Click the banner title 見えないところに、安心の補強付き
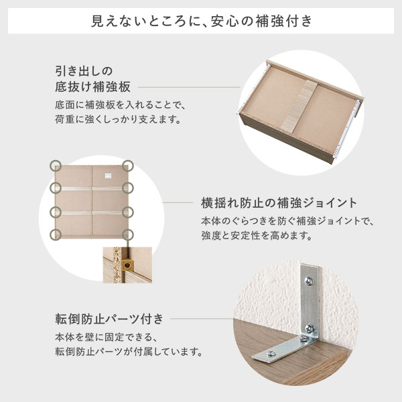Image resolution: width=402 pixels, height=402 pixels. [202, 21]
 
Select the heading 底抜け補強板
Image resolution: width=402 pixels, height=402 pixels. [93, 86]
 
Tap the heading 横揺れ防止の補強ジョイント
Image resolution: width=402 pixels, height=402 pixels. [279, 203]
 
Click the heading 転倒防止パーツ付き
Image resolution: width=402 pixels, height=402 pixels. [109, 319]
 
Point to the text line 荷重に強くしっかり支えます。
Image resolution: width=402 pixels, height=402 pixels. [119, 119]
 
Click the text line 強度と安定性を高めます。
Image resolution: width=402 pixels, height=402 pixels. [257, 235]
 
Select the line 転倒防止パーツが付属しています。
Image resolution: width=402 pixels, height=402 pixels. [129, 352]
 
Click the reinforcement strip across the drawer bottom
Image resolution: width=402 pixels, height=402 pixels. [299, 106]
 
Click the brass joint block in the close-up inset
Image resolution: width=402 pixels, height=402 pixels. [127, 265]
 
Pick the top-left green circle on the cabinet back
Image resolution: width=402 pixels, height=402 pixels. [56, 165]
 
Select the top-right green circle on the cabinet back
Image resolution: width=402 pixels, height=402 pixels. [128, 165]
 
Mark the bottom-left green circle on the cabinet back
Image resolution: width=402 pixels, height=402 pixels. [56, 234]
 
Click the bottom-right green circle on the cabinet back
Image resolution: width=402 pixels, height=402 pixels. [128, 234]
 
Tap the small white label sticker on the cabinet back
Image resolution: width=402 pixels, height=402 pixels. [108, 176]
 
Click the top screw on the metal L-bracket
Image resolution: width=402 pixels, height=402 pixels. [309, 281]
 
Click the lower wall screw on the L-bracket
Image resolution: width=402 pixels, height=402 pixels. [310, 329]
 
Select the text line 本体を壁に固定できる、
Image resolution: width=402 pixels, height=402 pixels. [107, 337]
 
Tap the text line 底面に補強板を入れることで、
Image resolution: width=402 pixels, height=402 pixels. [121, 105]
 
